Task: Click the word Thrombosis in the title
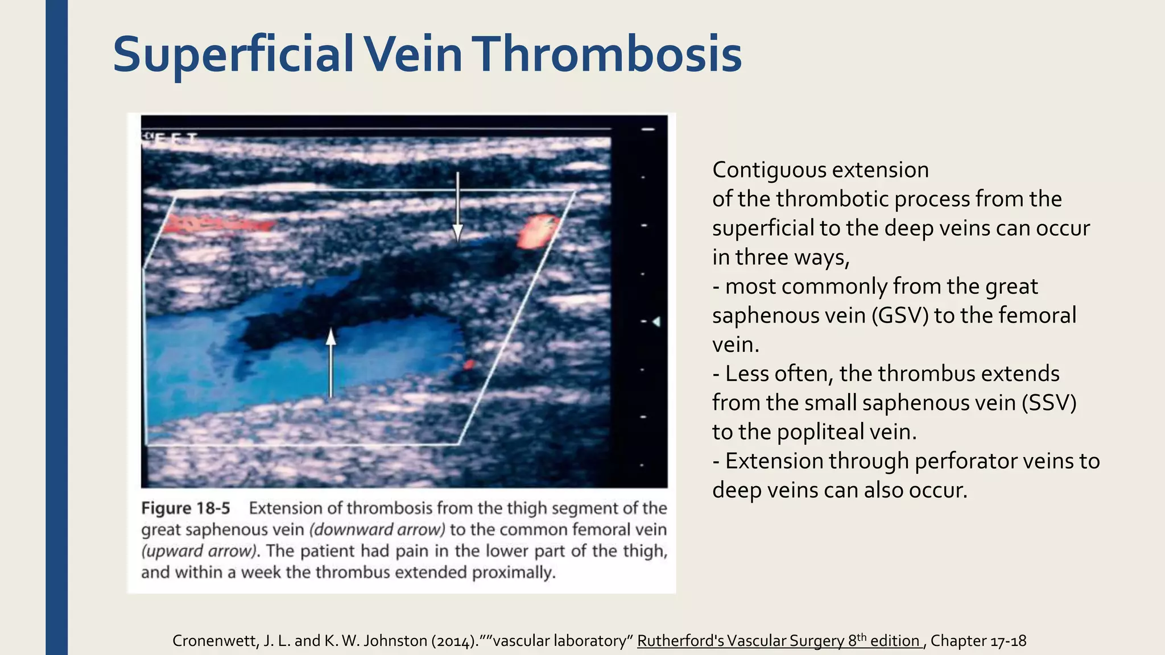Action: pos(609,55)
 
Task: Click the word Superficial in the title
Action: pos(233,55)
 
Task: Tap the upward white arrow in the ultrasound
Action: pos(331,364)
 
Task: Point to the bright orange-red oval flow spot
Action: pos(534,231)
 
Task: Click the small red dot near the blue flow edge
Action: pos(468,364)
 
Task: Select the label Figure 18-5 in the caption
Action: pos(185,508)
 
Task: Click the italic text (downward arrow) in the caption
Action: pos(377,530)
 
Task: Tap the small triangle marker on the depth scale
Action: pos(656,322)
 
